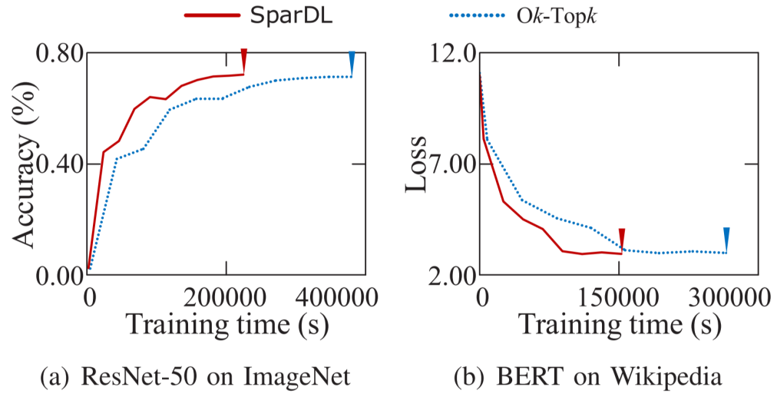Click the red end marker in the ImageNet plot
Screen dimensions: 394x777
(243, 60)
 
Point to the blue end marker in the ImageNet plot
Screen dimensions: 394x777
(352, 61)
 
